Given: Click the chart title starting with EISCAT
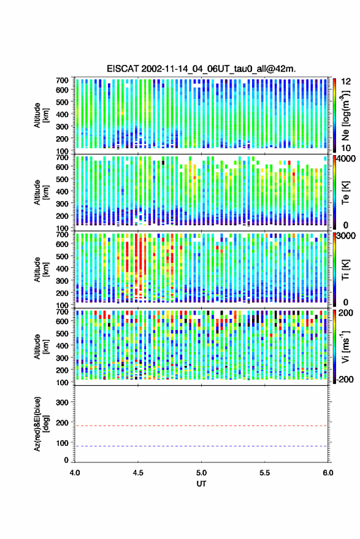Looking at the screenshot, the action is click(x=201, y=69).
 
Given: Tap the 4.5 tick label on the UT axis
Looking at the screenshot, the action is click(x=138, y=473).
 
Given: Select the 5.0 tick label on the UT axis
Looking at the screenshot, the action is click(x=202, y=473).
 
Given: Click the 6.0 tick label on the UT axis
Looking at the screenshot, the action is click(x=328, y=473).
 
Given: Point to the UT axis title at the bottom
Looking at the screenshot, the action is click(x=202, y=484).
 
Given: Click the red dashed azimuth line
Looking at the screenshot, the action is click(x=202, y=426).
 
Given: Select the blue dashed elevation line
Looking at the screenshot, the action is click(x=202, y=446).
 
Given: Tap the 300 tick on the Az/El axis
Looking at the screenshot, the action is click(x=62, y=402).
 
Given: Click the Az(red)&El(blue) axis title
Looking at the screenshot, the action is click(x=41, y=424).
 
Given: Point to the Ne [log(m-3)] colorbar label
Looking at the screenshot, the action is click(x=345, y=115).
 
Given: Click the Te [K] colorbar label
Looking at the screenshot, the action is click(x=345, y=193).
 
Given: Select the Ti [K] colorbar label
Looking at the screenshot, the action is click(x=345, y=270).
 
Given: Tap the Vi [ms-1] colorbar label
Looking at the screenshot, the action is click(x=345, y=346).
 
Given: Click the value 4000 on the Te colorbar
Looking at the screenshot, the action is click(x=347, y=159).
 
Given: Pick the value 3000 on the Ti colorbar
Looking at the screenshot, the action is click(x=347, y=236).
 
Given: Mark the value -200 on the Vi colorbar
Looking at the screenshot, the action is click(x=345, y=380).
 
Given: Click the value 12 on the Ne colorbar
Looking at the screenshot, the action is click(x=346, y=82).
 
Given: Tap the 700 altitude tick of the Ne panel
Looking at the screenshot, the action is click(x=62, y=80).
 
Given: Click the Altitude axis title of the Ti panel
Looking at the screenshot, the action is click(x=41, y=270).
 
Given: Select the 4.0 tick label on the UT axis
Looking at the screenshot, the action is click(x=75, y=473).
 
